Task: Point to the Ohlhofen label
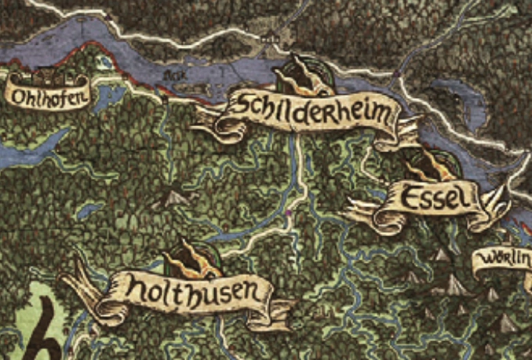tap(46, 96)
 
